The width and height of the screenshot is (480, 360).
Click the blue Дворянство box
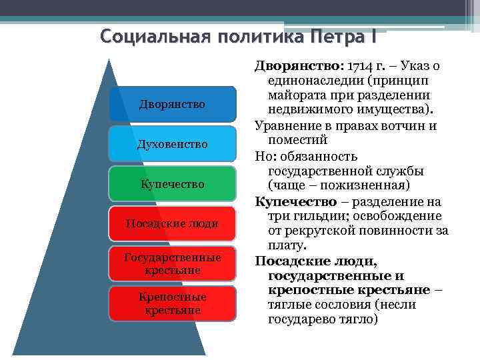pyautogui.click(x=172, y=104)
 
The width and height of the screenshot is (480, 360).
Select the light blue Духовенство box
pyautogui.click(x=172, y=144)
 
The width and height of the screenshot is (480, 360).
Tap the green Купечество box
pyautogui.click(x=172, y=183)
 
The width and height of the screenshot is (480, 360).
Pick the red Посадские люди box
pyautogui.click(x=172, y=223)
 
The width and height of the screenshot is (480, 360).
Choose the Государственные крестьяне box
pyautogui.click(x=172, y=263)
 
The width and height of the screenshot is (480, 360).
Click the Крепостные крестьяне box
pyautogui.click(x=172, y=303)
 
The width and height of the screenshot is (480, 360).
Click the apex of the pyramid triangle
pyautogui.click(x=107, y=59)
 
